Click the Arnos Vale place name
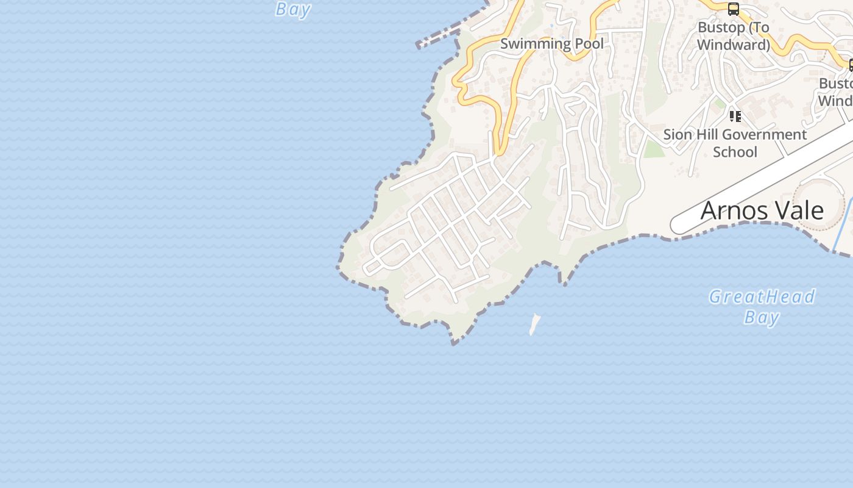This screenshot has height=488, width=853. point(762,210)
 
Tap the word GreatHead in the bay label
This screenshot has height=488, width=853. point(762,297)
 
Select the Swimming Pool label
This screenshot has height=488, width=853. point(552,43)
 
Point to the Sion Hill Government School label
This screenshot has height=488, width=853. point(735,143)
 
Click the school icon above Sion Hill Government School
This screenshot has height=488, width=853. point(735,116)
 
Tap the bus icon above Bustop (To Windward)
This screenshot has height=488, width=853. point(734,9)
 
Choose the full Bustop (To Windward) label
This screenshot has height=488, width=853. point(734,36)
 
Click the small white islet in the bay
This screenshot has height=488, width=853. point(534,324)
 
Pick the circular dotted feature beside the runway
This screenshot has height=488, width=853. point(819,204)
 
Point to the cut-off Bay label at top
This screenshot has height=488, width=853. point(293,9)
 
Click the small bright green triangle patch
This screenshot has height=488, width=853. point(654,149)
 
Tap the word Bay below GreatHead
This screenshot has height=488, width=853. point(762,317)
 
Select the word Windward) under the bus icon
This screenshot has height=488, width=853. point(734,45)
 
